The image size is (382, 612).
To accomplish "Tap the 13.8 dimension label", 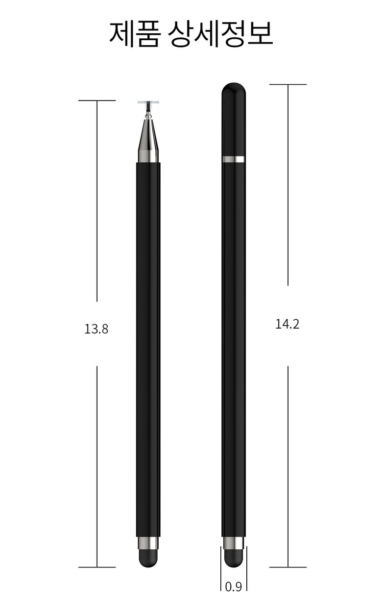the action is coord(96,329).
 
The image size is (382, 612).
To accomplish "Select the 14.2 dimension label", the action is coord(287,324).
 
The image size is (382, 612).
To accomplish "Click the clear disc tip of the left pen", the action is coord(148,102).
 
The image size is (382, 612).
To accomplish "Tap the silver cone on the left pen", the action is coord(148,139).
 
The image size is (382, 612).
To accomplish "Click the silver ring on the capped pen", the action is coord(234,159).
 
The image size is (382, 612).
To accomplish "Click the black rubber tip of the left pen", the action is coord(148,558).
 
